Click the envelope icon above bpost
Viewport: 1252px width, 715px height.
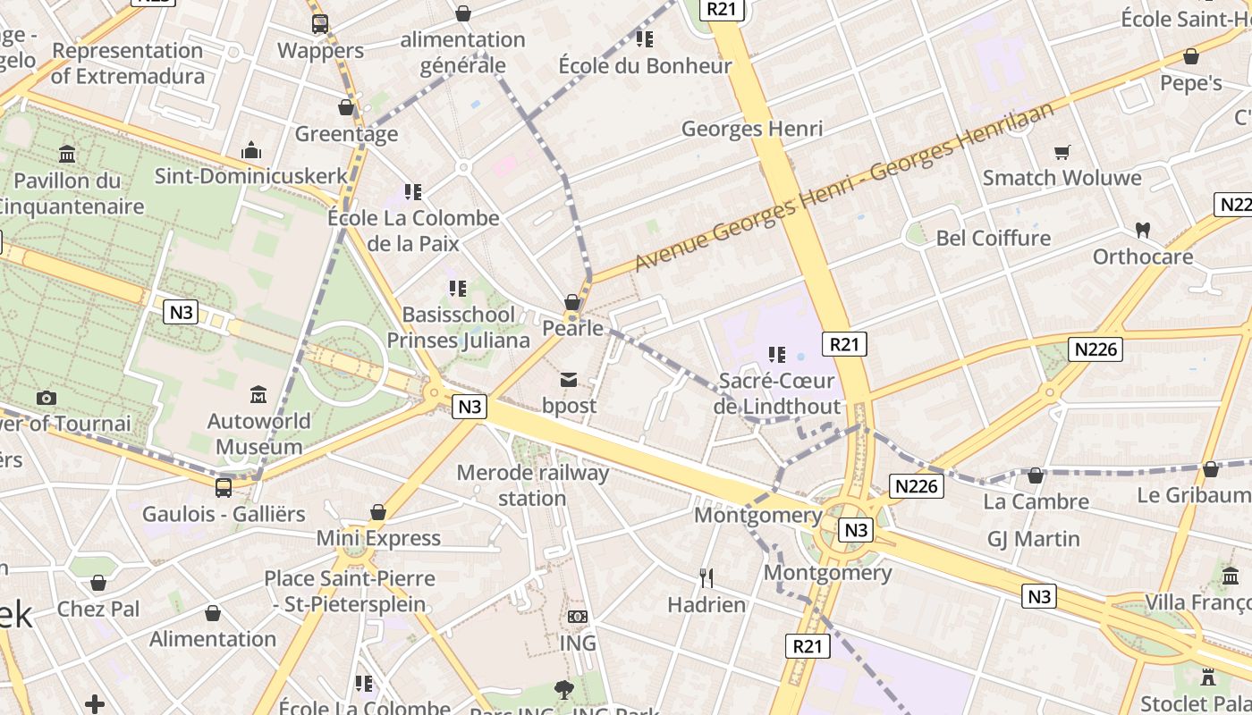point(569,380)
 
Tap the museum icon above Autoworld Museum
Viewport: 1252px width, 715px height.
point(259,394)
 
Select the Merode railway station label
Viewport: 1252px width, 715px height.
point(532,485)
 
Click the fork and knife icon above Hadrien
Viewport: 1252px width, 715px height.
point(706,578)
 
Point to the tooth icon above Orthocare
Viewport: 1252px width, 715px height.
point(1142,230)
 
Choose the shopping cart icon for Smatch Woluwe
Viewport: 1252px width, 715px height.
point(1062,152)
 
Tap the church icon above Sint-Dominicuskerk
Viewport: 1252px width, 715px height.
point(251,149)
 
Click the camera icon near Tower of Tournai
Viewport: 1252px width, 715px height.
point(47,398)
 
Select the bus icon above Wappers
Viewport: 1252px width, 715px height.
point(319,24)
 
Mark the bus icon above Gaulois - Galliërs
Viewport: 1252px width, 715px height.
point(224,488)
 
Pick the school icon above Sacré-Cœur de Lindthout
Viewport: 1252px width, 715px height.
point(777,355)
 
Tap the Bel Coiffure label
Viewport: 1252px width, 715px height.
point(993,238)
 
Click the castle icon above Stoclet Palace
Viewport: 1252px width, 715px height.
point(1208,677)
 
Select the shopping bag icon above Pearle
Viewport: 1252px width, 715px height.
point(572,302)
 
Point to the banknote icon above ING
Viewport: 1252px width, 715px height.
point(578,617)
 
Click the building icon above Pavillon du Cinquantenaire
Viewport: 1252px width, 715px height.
point(67,154)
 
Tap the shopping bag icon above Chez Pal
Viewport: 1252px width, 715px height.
point(98,584)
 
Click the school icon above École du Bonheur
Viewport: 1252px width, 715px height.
point(644,39)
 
